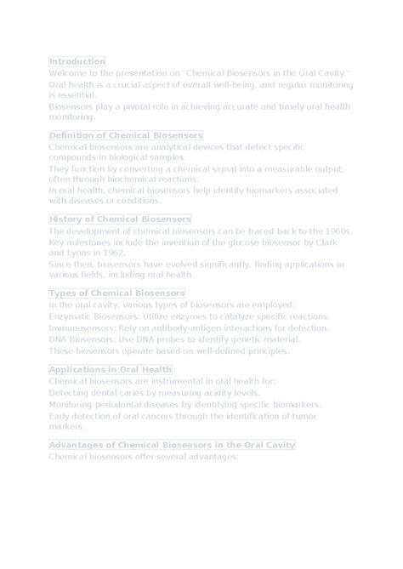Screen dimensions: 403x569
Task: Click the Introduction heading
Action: click(77, 61)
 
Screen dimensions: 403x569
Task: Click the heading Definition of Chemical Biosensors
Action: click(126, 135)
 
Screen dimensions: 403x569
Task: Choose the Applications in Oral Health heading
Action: click(111, 370)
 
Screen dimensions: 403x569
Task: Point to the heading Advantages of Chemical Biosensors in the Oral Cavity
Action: click(172, 445)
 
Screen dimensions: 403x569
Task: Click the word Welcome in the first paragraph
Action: click(66, 74)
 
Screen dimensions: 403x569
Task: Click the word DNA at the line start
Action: click(59, 339)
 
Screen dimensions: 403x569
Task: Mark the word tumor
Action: click(304, 416)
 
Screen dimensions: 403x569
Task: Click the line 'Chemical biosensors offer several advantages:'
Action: click(143, 457)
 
